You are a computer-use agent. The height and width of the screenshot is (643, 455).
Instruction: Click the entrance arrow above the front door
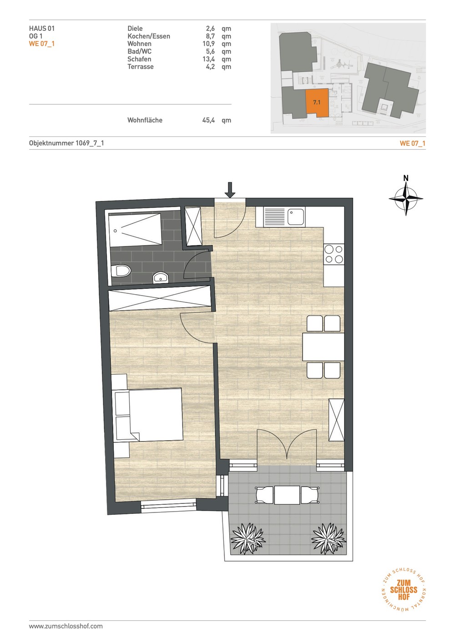pyautogui.click(x=229, y=190)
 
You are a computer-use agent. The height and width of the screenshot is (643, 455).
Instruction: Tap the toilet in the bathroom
pyautogui.click(x=121, y=271)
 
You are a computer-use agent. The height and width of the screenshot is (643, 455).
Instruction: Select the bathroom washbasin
pyautogui.click(x=160, y=277)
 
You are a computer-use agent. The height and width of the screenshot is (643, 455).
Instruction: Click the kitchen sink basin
pyautogui.click(x=297, y=217)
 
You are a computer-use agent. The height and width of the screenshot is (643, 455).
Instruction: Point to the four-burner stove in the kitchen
pyautogui.click(x=334, y=254)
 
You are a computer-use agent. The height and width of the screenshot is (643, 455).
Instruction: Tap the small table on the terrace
pyautogui.click(x=287, y=495)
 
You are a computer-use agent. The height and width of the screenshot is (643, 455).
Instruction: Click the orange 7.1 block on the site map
pyautogui.click(x=317, y=103)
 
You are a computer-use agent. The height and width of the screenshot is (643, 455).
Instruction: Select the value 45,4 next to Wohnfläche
pyautogui.click(x=208, y=120)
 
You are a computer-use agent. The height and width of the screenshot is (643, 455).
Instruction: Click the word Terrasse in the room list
pyautogui.click(x=141, y=66)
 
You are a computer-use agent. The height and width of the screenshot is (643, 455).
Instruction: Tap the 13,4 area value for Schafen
pyautogui.click(x=208, y=59)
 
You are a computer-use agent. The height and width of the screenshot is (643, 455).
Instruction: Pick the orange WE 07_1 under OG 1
pyautogui.click(x=42, y=44)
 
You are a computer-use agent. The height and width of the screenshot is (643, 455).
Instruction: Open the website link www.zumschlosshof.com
pyautogui.click(x=66, y=626)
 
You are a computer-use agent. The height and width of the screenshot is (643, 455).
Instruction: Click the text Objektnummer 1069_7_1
pyautogui.click(x=66, y=143)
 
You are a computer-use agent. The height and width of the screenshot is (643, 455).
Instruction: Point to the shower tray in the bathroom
pyautogui.click(x=135, y=229)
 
